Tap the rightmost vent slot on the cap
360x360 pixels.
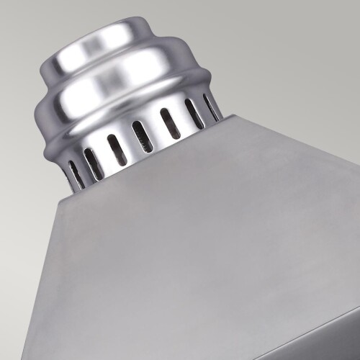click(x=210, y=107)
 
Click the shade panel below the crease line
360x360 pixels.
click(x=317, y=342)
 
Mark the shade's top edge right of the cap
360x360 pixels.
click(x=288, y=137)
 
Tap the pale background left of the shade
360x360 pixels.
click(x=22, y=216)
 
